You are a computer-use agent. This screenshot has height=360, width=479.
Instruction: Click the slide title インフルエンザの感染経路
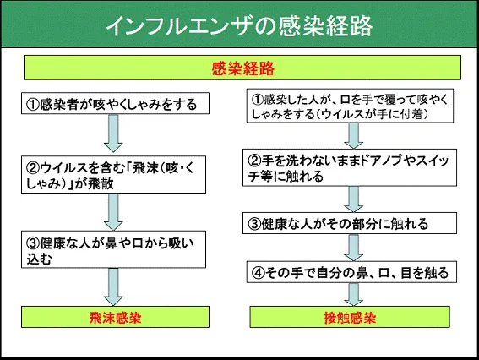tap(239, 26)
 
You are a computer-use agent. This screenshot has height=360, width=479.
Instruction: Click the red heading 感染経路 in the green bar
tap(243, 68)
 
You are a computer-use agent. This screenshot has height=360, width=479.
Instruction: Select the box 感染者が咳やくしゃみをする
tap(115, 104)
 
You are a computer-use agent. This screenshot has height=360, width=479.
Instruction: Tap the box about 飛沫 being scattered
tap(114, 174)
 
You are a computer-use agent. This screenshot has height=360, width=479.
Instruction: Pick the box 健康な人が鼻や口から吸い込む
tap(114, 249)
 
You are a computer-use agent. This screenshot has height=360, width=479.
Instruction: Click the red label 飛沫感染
tap(115, 318)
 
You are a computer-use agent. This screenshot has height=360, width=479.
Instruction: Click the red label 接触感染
tap(350, 318)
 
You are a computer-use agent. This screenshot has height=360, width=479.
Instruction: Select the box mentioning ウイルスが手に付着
tap(350, 106)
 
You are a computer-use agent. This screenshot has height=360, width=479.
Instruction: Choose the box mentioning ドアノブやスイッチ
tap(350, 168)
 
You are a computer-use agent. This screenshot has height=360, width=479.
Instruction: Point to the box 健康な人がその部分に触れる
tap(350, 223)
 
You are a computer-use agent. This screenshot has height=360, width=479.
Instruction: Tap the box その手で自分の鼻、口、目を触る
tap(351, 272)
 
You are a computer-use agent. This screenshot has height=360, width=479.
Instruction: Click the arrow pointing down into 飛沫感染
tap(113, 287)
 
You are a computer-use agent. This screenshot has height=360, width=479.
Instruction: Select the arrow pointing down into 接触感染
tap(353, 294)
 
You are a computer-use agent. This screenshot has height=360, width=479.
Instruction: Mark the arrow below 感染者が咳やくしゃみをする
tap(113, 134)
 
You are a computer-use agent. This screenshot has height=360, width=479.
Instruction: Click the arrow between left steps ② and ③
tap(113, 212)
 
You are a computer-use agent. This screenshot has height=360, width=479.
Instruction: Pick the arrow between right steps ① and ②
tap(353, 136)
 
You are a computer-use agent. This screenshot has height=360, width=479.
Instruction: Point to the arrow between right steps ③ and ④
tap(353, 248)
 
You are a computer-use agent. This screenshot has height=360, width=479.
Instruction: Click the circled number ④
tap(258, 272)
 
